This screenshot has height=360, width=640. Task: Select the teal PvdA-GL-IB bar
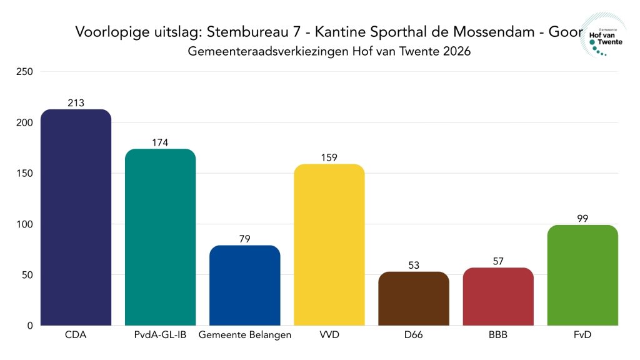[x=161, y=237]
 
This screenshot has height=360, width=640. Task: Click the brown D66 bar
[x=414, y=299]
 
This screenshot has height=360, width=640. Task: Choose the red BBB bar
[x=498, y=297]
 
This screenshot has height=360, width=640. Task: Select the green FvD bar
[x=582, y=275]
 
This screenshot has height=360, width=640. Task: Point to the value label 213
[x=76, y=103]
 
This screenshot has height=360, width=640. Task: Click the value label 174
[x=161, y=142]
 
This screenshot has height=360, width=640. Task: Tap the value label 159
[x=329, y=157]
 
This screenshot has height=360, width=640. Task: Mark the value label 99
[x=582, y=218]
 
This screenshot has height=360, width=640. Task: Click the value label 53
[x=414, y=265]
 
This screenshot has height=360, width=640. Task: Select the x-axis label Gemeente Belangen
[x=245, y=335]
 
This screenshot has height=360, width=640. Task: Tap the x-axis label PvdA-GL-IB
[x=161, y=335]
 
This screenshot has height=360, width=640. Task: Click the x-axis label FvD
[x=582, y=335]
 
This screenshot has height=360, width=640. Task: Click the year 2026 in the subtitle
[x=456, y=51]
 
